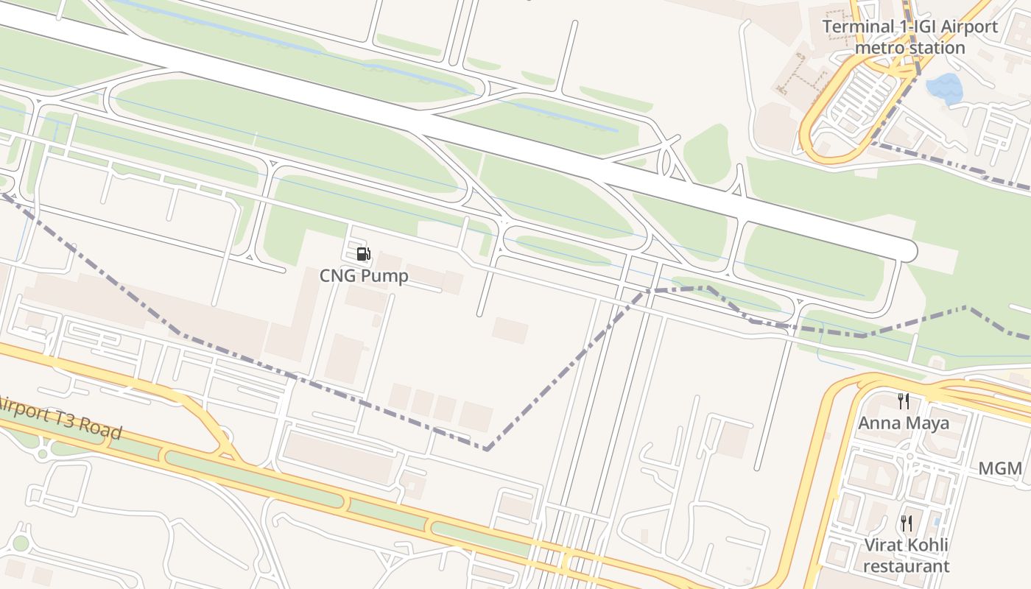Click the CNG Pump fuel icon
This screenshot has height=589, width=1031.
[363, 255]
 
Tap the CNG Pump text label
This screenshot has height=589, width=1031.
[364, 275]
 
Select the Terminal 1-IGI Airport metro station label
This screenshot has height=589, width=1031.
[910, 38]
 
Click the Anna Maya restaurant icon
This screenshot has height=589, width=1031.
[904, 401]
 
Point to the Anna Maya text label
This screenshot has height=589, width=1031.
[904, 423]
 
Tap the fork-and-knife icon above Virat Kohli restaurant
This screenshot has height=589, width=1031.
[907, 523]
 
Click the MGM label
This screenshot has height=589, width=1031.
[1000, 469]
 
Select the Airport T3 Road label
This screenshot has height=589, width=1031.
[59, 417]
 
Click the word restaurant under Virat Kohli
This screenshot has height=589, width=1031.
[907, 566]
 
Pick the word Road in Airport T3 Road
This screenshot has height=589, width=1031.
[102, 430]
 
